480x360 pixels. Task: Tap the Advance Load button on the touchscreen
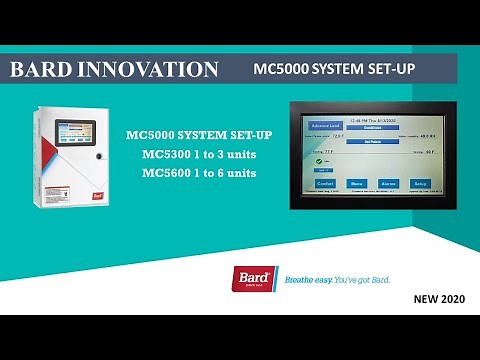[x=325, y=126]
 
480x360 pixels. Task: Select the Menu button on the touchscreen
[x=356, y=184]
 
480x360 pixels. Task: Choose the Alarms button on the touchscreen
[x=389, y=184]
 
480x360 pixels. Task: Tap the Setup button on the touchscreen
[x=421, y=184]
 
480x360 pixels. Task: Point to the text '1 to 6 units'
[x=230, y=173]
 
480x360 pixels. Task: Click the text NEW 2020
[x=440, y=298]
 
